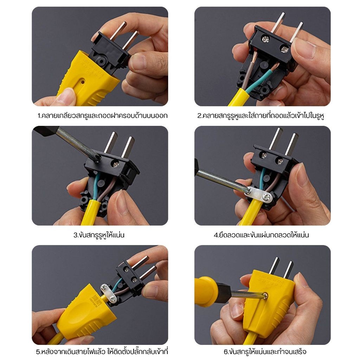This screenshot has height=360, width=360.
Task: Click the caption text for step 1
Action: click(x=103, y=115)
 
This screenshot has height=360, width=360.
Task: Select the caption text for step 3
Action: click(x=99, y=235)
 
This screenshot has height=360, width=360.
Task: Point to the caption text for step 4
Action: click(x=261, y=235)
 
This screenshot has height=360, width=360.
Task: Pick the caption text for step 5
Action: click(x=102, y=352)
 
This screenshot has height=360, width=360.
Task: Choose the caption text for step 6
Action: click(x=265, y=352)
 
